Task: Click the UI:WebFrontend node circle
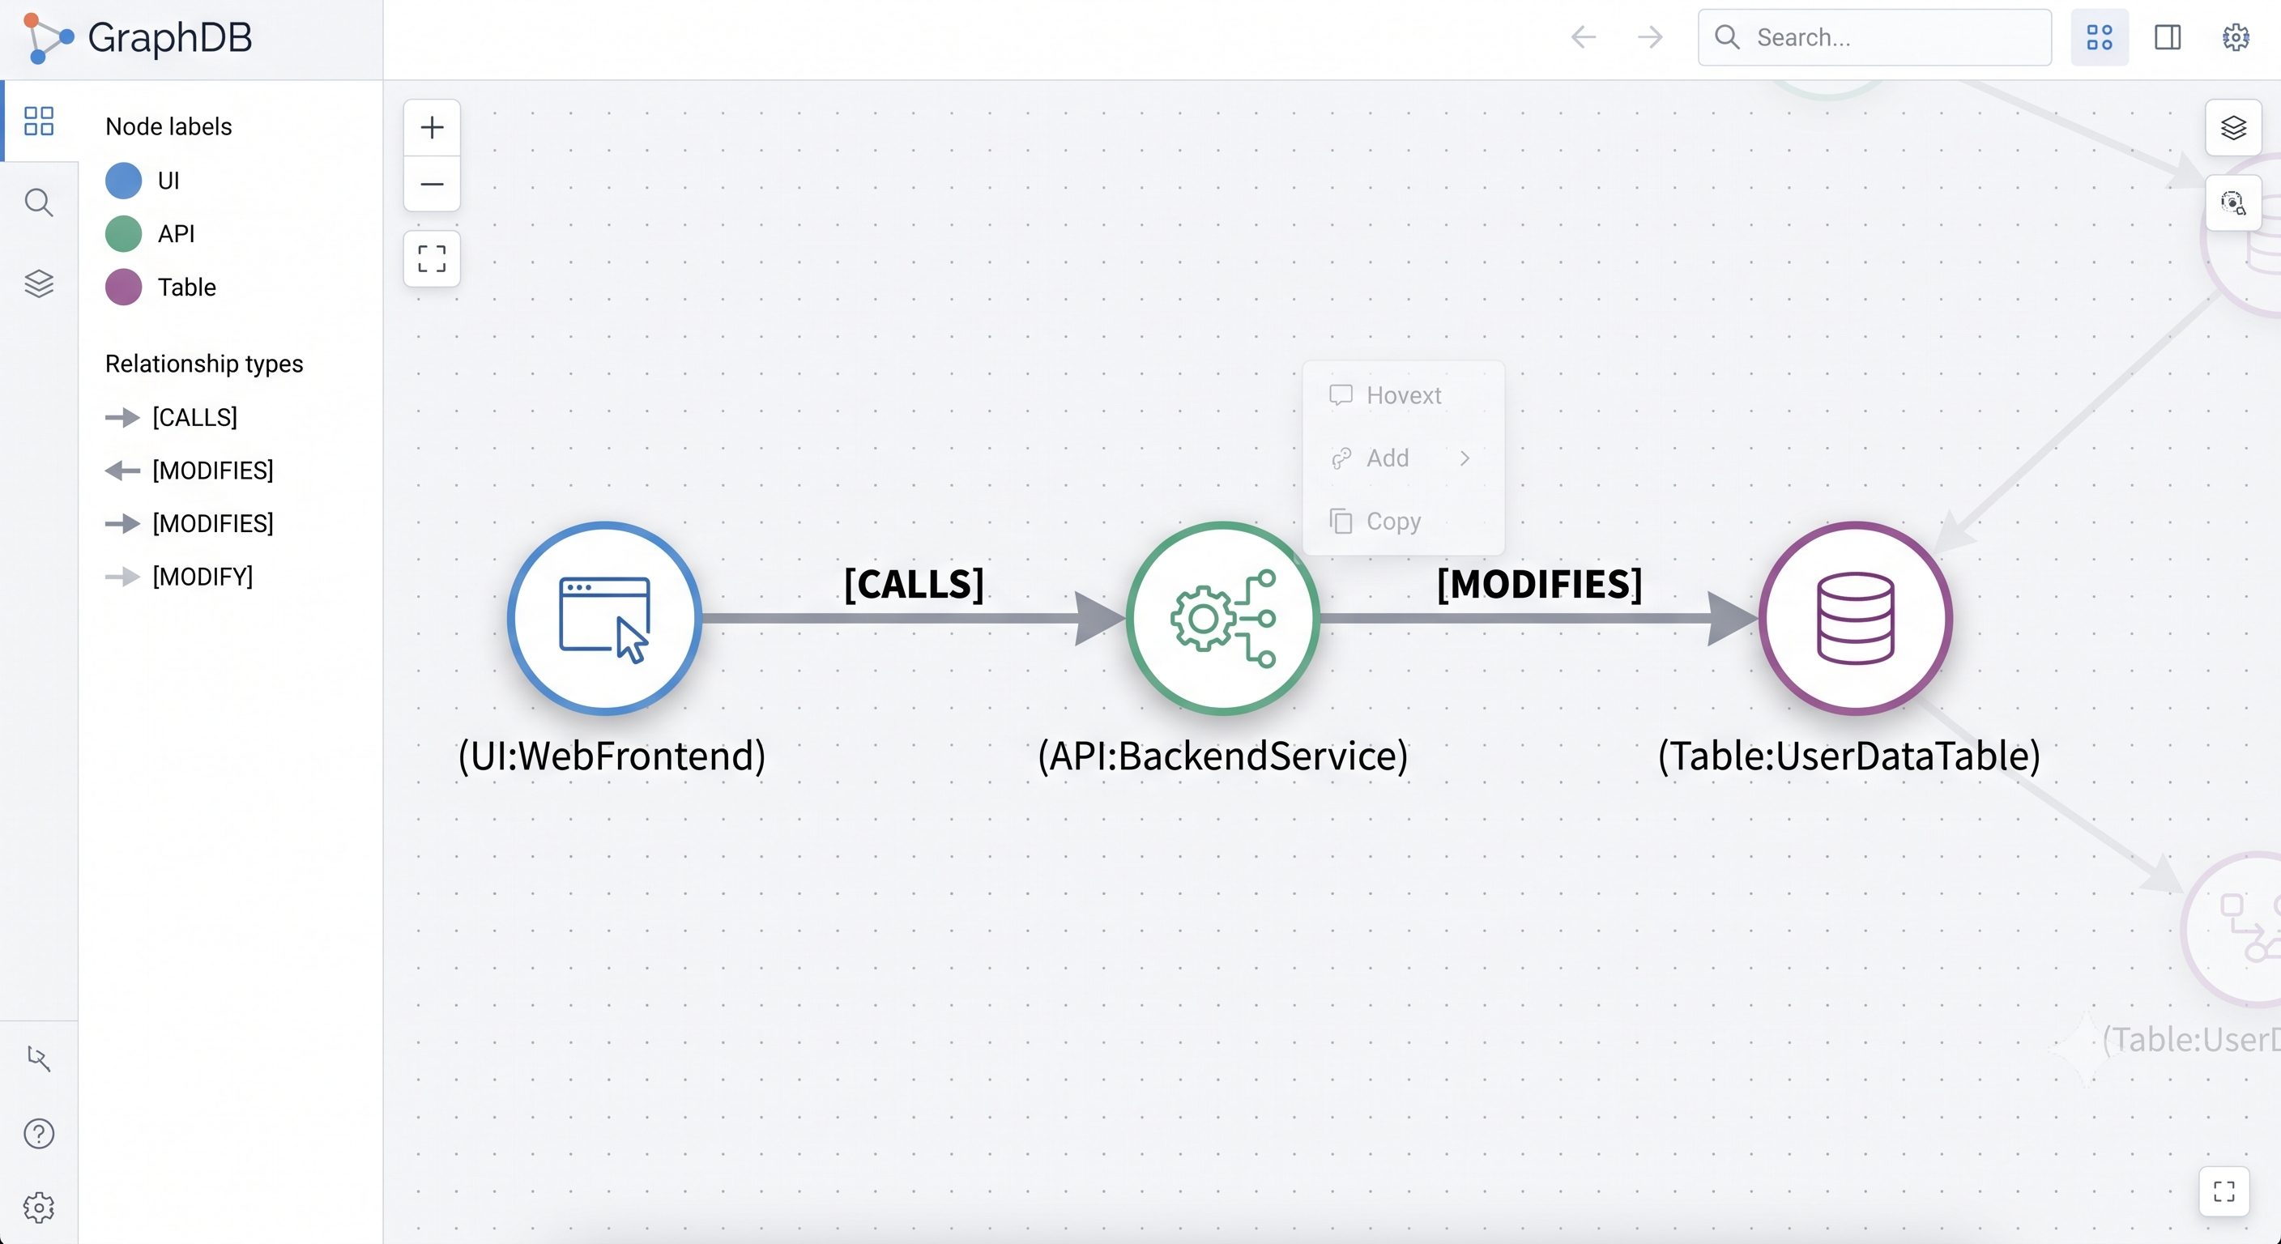pos(605,618)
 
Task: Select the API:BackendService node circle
pos(1223,618)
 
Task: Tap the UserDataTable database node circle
pos(1855,618)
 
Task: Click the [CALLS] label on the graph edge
pos(914,583)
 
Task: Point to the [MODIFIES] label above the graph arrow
pos(1540,583)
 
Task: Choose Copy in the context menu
pos(1394,521)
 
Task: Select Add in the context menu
pos(1388,458)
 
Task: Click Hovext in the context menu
pos(1404,395)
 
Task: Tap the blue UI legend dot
pos(123,181)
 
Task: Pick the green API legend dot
pos(123,234)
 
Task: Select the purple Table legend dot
pos(123,287)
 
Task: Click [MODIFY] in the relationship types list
pos(203,577)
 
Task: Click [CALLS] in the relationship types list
pos(194,417)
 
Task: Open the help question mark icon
pos(39,1133)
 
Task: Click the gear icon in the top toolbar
pos(2236,37)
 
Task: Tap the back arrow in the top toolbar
pos(1584,37)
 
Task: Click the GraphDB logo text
pos(170,37)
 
